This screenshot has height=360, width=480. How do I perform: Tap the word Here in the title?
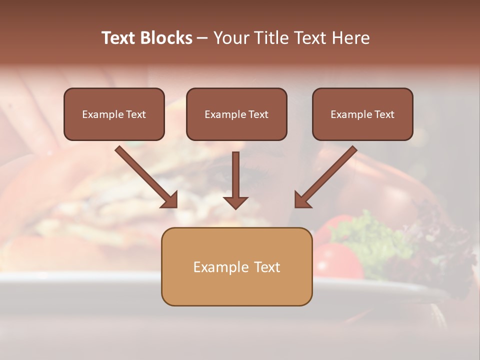coord(350,38)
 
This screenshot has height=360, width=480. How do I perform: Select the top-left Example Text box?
coord(114,114)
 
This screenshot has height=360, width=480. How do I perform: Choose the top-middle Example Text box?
coord(236,114)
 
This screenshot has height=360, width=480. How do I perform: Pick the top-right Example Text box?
coord(362,114)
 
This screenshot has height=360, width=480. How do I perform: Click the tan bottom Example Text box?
coord(236,267)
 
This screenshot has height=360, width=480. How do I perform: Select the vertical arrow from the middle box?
coord(235,175)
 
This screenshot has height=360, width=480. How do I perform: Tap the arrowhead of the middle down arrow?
coord(235,202)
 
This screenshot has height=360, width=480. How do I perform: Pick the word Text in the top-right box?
coord(384,114)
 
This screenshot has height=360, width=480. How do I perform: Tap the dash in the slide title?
coord(202,38)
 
